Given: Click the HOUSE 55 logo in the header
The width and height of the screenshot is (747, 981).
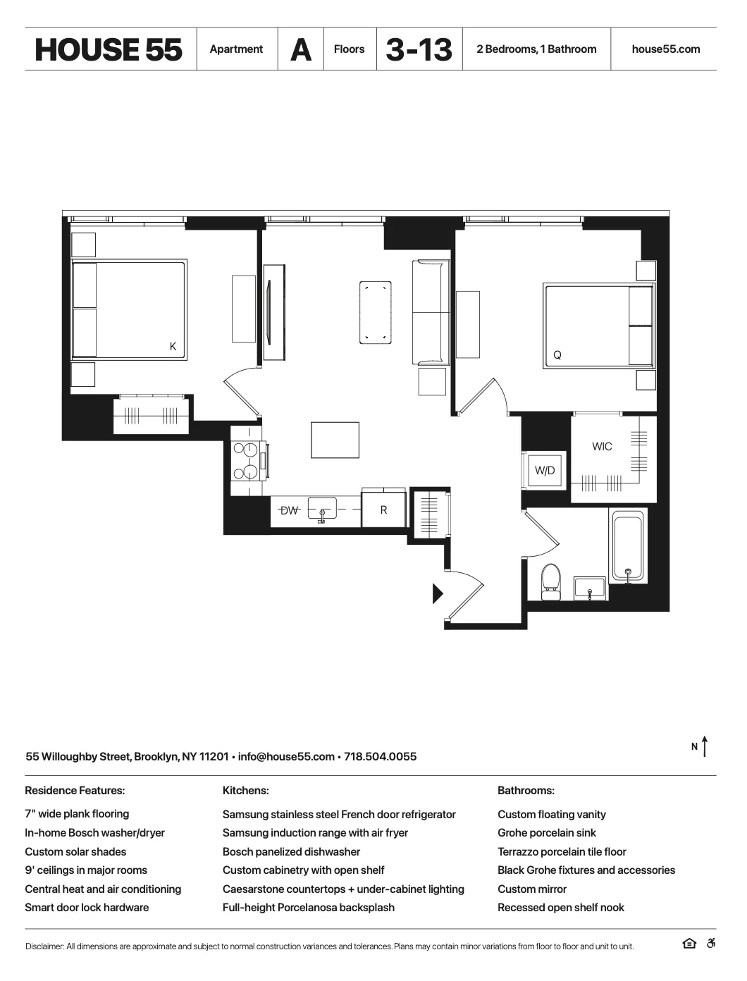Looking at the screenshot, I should tap(109, 49).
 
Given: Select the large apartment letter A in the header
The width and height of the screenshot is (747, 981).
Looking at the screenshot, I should tap(301, 49).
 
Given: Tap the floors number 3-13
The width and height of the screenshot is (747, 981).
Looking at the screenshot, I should tap(419, 49).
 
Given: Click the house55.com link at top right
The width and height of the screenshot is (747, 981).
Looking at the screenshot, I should tap(666, 49).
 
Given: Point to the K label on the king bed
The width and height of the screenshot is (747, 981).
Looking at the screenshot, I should tap(173, 347).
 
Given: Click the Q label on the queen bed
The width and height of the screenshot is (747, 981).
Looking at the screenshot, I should tap(557, 355).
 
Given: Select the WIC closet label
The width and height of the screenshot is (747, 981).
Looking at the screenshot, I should tap(602, 446).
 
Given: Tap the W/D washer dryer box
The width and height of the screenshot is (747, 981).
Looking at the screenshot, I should tap(545, 470).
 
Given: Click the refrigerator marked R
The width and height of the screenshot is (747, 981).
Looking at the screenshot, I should tap(383, 510).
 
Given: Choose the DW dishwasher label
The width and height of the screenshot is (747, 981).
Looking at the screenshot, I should tap(289, 510).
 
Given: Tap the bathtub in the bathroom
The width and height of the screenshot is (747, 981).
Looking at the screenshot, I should tap(628, 547).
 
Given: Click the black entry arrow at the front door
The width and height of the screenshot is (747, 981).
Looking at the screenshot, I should tap(437, 593).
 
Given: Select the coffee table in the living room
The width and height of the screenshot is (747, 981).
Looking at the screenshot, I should tap(375, 312).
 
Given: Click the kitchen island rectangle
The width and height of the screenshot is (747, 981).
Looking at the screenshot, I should tap(335, 440).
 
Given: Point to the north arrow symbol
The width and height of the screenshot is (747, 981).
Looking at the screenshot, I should tap(704, 746).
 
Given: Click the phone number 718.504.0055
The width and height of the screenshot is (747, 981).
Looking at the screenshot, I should tap(380, 756).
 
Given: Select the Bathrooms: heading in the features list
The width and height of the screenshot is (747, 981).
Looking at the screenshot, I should tap(526, 791).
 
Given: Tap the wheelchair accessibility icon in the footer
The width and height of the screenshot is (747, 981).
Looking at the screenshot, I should tap(711, 944).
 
